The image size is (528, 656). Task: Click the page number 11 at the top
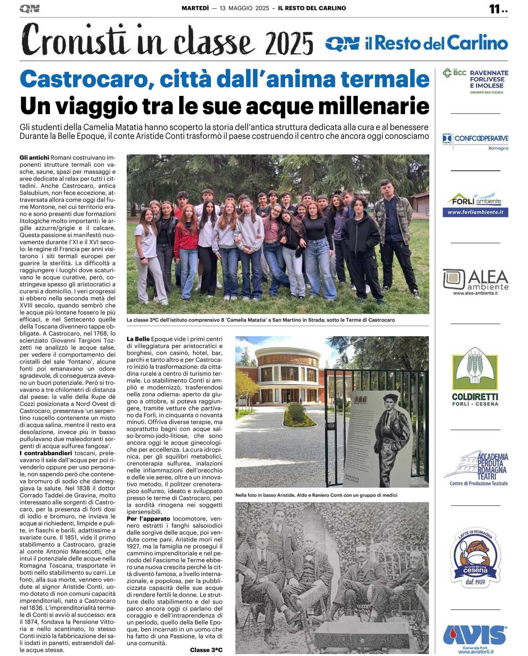(495, 9)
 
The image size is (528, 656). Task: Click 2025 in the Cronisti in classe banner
(290, 44)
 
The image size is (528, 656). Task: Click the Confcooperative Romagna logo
(475, 141)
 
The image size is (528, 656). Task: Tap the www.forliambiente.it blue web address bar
(475, 213)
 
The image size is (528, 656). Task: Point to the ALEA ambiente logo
(475, 282)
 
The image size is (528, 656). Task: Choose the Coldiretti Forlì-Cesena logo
(475, 376)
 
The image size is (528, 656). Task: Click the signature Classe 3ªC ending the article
(206, 650)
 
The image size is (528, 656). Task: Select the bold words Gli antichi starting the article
(34, 158)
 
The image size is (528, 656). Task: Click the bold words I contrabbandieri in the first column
(46, 453)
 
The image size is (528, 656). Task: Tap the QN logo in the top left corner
(30, 9)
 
